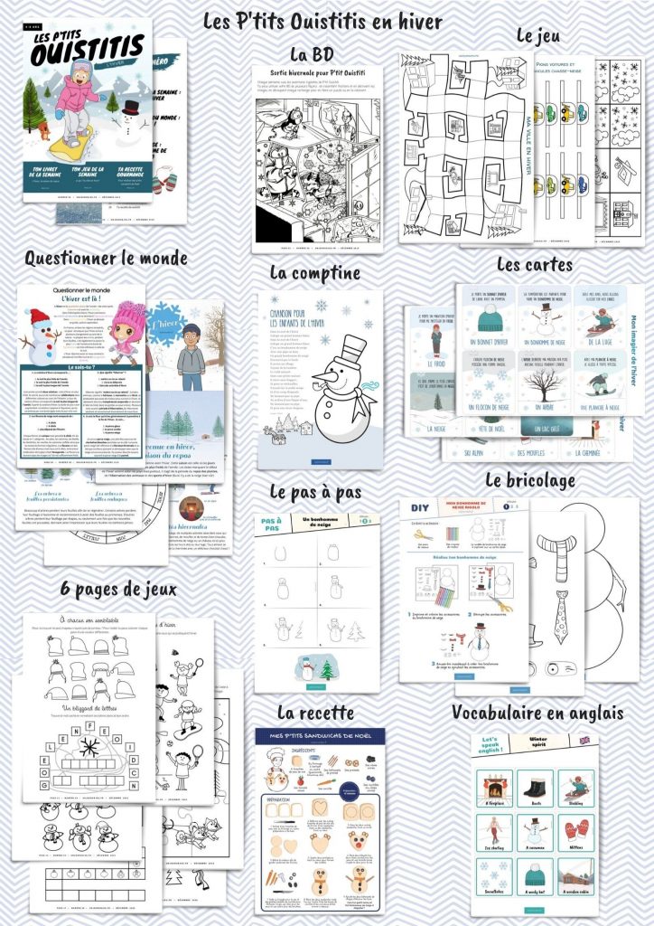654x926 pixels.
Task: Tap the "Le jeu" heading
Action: [x=538, y=36]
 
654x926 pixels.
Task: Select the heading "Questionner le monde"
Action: [x=106, y=259]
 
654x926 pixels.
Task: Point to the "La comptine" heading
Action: [x=315, y=272]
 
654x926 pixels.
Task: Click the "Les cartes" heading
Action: [x=535, y=265]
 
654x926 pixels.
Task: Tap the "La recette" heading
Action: [x=315, y=713]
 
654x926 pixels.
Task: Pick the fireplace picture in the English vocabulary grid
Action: [x=494, y=785]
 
